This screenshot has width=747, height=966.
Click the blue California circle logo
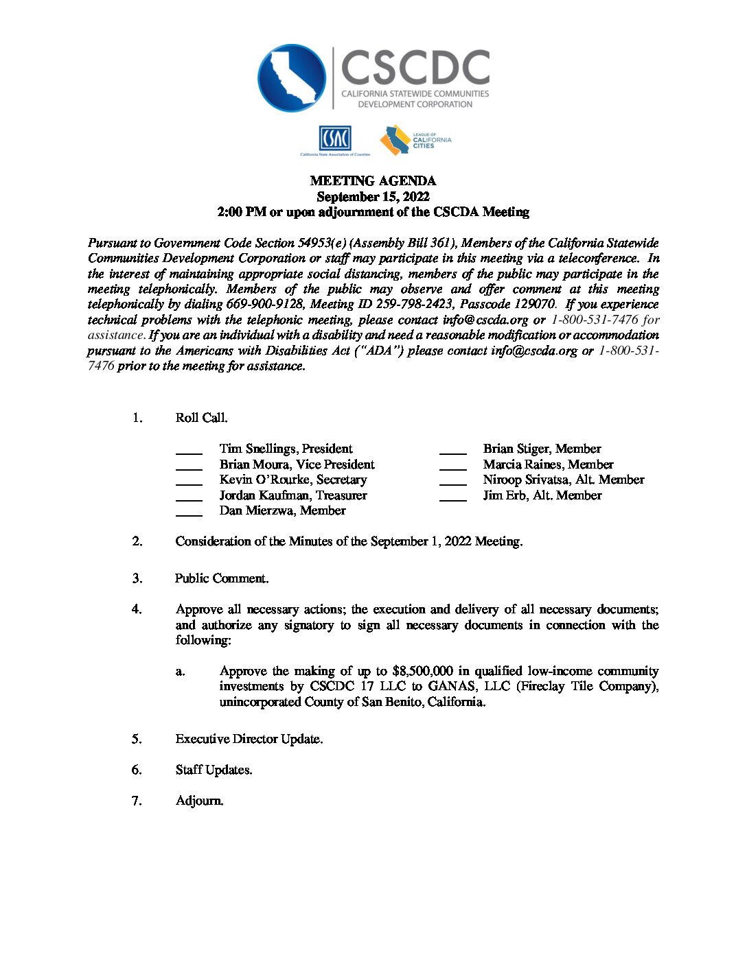pos(292,78)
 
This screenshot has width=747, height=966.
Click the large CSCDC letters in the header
pos(415,67)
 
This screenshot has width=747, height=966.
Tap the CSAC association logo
pos(334,139)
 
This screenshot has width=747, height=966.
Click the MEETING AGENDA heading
pos(373,181)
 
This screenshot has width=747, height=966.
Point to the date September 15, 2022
pos(373,197)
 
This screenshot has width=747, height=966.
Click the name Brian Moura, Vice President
pos(297,464)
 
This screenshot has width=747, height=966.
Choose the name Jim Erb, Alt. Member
pos(542,495)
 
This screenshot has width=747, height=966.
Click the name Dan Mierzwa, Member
pos(282,510)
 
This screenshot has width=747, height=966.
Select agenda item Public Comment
pos(222,578)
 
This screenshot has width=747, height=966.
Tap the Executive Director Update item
pos(249,739)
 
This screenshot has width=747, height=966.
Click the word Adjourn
pos(199,801)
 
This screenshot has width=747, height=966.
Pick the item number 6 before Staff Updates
pos(137,770)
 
